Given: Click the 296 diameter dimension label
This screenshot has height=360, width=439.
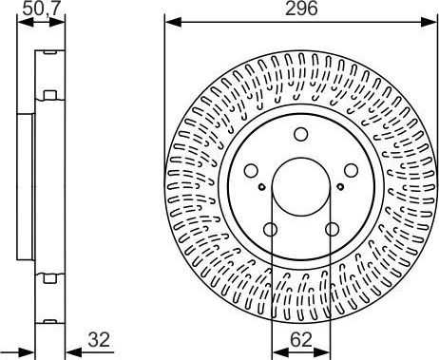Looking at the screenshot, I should pyautogui.click(x=300, y=9).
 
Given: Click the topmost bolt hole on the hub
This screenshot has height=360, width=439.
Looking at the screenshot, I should pyautogui.click(x=300, y=134).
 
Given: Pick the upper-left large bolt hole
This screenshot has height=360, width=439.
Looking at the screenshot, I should pyautogui.click(x=252, y=171).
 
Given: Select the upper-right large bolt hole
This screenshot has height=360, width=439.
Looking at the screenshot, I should pyautogui.click(x=349, y=171).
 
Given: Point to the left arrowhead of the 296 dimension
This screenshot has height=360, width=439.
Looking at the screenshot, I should pyautogui.click(x=169, y=22).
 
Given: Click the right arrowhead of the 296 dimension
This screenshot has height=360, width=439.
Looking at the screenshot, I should pyautogui.click(x=432, y=22).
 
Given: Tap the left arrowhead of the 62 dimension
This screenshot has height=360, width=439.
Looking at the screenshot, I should pyautogui.click(x=276, y=351).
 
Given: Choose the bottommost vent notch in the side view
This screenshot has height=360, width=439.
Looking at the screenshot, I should pyautogui.click(x=45, y=277).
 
